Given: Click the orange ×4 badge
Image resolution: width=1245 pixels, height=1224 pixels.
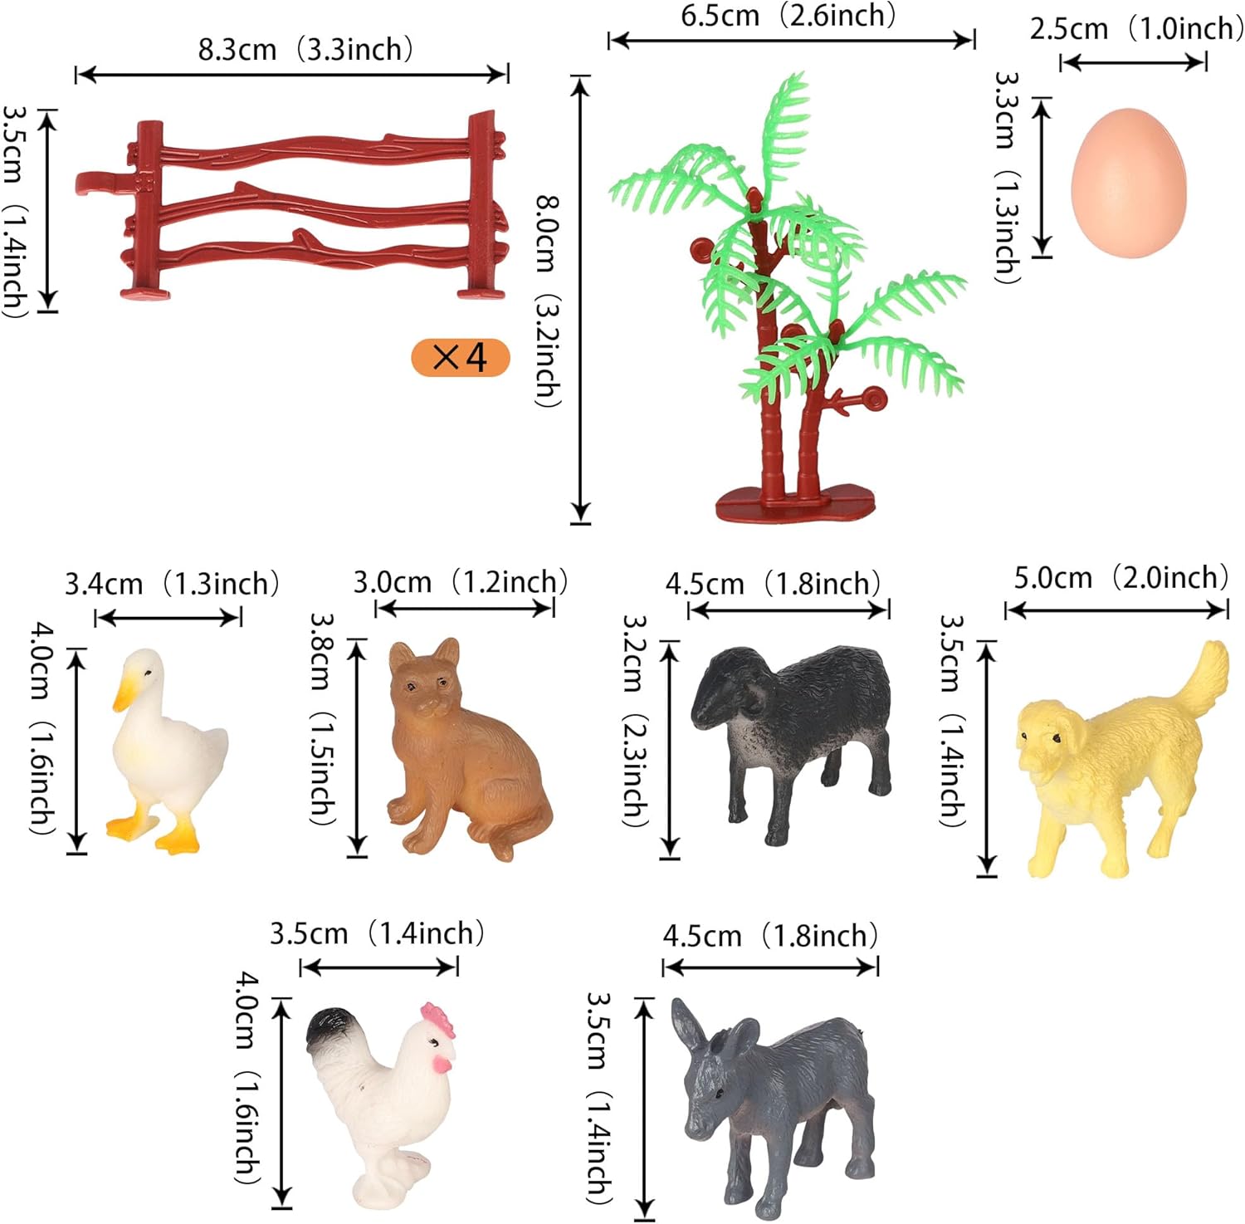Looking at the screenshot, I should click(460, 358).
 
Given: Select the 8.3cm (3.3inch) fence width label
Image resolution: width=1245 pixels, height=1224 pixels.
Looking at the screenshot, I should click(305, 49).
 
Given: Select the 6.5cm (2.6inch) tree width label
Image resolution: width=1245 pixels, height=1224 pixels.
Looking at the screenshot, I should click(788, 16).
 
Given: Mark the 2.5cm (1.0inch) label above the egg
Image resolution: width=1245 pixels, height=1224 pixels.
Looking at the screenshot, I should click(1136, 29).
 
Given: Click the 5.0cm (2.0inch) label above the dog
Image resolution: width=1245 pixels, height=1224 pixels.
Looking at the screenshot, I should click(1120, 577).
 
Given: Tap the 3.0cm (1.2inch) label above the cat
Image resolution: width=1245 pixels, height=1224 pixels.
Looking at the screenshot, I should click(461, 581).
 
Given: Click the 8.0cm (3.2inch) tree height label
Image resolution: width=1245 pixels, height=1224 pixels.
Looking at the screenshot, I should click(548, 301).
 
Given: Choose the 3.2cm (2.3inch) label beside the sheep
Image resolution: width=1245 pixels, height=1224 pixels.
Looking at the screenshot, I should click(635, 720).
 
